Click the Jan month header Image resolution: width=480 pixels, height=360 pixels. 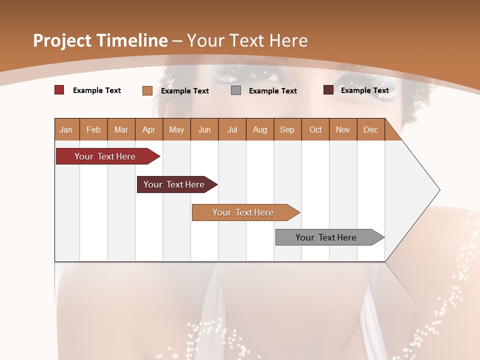(66, 129)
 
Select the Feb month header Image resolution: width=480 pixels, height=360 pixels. (93, 129)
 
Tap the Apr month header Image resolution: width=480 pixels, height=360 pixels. (148, 129)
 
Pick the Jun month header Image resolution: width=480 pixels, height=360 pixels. (204, 129)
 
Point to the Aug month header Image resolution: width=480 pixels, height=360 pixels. (260, 129)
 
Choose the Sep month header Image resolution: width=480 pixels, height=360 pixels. (287, 129)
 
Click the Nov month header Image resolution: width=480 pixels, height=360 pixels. (343, 129)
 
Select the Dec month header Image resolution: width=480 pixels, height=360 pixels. (370, 129)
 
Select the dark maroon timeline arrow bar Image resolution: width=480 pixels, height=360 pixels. (175, 184)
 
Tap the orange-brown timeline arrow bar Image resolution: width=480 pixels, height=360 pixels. (244, 212)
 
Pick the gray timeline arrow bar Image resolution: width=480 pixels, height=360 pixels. (327, 237)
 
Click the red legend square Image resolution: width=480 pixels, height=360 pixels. (59, 90)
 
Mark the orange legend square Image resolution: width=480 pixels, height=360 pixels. (147, 90)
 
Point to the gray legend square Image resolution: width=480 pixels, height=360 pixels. (236, 90)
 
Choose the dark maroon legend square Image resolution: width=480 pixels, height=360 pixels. (328, 90)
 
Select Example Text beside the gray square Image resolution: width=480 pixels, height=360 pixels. (273, 91)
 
